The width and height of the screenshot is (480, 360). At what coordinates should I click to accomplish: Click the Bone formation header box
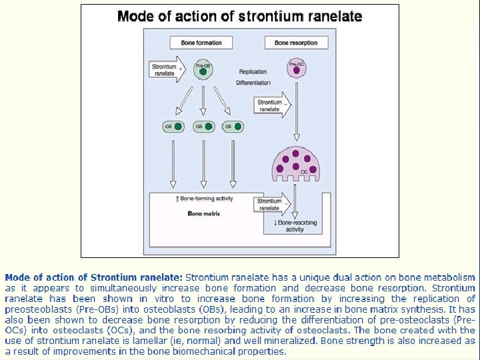click(201, 43)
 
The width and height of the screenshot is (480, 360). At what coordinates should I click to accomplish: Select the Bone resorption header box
click(296, 43)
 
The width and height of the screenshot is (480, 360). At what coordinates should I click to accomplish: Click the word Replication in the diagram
click(253, 72)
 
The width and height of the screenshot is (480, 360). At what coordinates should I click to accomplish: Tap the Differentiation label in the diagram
click(253, 83)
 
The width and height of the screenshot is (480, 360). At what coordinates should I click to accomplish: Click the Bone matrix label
click(204, 214)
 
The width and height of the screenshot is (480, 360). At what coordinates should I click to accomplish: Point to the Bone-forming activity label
click(205, 199)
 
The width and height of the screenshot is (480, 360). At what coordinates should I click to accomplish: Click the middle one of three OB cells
click(203, 126)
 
